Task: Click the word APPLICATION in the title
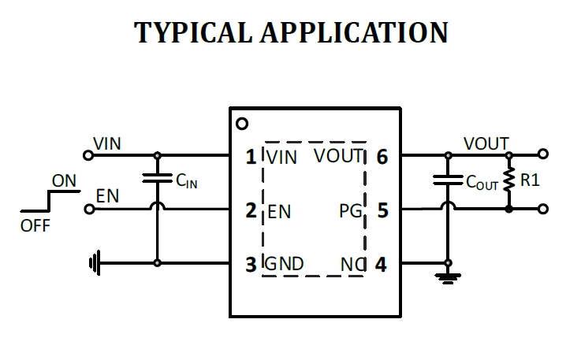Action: coord(359,32)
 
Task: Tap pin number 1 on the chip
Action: coord(251,157)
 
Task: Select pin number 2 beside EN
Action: coord(251,211)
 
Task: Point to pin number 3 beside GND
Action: coord(251,265)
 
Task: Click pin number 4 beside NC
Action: coord(382,265)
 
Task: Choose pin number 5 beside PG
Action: coord(382,211)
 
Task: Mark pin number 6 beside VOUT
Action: coord(382,157)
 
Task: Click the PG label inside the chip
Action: coord(349,211)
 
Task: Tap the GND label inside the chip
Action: coord(284,264)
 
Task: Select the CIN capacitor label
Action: coord(186,182)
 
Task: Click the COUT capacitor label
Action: coord(482,183)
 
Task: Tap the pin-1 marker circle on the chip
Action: coord(242,124)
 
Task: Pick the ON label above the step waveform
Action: coord(64,181)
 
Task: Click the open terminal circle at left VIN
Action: coord(88,155)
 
